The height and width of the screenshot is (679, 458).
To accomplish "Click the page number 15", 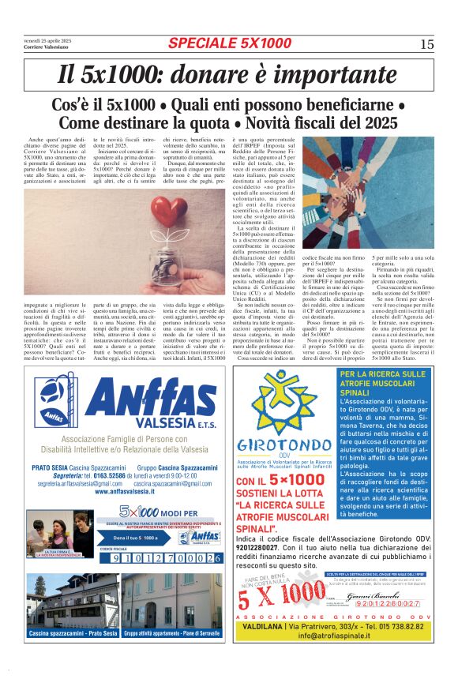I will point(426,44).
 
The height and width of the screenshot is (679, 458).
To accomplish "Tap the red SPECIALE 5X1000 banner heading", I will point(229,43).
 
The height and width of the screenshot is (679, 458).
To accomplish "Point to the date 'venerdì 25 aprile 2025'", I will point(47,40).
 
